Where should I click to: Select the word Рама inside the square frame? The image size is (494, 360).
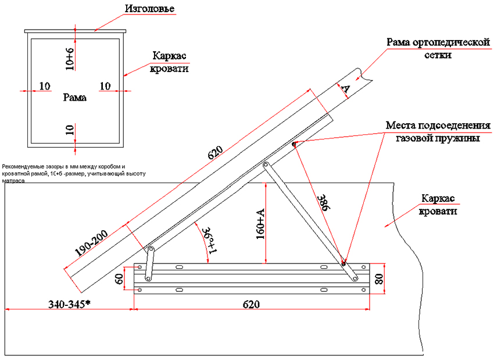(75, 98)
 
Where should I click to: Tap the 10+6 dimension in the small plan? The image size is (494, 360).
(70, 59)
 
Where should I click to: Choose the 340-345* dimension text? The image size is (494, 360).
(69, 304)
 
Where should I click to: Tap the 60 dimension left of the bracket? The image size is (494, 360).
(119, 280)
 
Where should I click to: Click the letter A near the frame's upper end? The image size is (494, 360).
(345, 88)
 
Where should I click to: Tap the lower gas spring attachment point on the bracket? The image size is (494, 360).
(343, 263)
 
